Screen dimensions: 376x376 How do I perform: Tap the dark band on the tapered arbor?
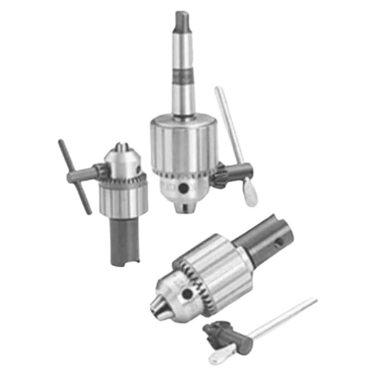click(184, 76)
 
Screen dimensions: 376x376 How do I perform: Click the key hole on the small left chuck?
click(138, 170)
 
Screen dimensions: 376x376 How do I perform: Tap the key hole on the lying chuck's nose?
click(187, 294)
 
